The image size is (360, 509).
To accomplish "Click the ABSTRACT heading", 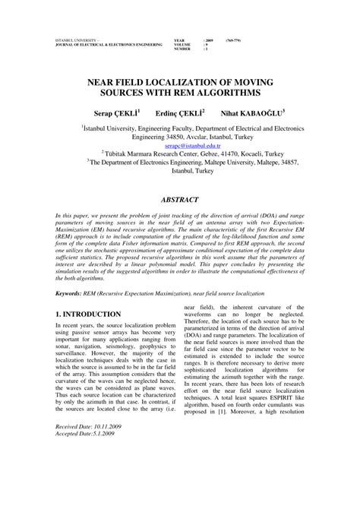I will tap(179, 199).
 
